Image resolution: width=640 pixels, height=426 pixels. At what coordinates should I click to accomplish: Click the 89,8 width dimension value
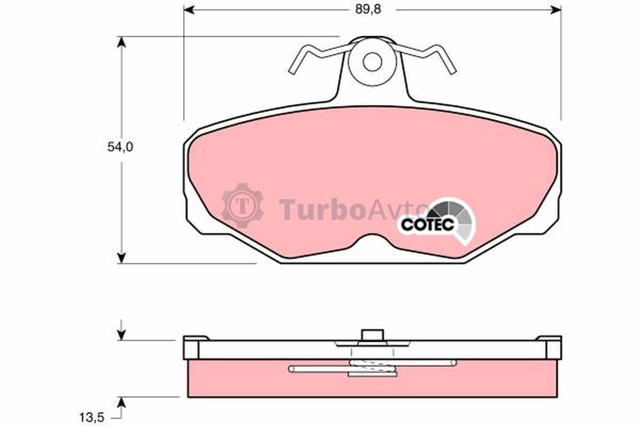[368, 10]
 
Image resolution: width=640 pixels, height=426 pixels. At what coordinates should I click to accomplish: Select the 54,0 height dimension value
[121, 147]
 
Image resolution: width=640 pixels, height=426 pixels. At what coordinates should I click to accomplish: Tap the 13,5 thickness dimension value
[92, 417]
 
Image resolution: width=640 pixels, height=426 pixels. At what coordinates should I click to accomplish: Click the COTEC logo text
[427, 225]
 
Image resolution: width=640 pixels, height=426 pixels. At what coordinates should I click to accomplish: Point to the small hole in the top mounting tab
[372, 62]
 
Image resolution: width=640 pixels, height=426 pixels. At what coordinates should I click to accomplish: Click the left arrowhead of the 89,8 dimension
[189, 10]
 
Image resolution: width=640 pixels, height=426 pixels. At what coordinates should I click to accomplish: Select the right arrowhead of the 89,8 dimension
[556, 10]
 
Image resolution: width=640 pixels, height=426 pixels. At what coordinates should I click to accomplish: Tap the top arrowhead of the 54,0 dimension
[122, 42]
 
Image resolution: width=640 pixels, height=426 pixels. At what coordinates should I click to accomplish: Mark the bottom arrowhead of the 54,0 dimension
[122, 258]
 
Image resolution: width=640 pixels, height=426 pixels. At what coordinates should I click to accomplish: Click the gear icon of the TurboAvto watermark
[243, 206]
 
